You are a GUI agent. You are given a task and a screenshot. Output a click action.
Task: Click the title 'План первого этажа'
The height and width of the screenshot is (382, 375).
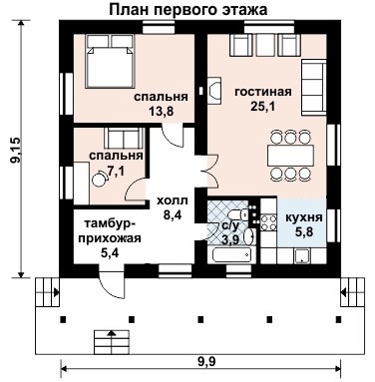pyautogui.click(x=189, y=10)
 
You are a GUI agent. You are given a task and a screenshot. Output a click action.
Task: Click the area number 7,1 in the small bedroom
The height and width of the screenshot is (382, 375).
pyautogui.click(x=117, y=172)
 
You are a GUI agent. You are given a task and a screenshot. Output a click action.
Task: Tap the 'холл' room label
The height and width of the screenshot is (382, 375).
pyautogui.click(x=171, y=199)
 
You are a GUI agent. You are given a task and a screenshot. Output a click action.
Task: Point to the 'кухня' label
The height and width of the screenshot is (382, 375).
pyautogui.click(x=302, y=215)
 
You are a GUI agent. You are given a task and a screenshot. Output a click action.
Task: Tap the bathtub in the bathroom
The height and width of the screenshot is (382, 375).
pyautogui.click(x=231, y=255)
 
